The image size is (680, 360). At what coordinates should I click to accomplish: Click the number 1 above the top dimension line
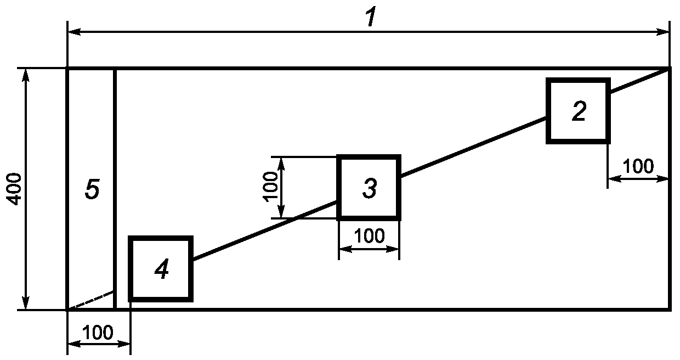pos(371,17)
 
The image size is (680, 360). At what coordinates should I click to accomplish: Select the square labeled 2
pos(577,111)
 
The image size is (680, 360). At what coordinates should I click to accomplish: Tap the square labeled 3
pos(369,188)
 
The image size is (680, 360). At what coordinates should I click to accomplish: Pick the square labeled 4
pos(161,269)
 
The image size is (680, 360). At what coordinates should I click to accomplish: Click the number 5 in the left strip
pos(92,190)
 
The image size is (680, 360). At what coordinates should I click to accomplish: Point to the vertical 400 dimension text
pos(15,189)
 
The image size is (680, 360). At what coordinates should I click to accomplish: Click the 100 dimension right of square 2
pos(639,166)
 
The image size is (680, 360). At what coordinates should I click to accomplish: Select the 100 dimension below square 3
pos(369,236)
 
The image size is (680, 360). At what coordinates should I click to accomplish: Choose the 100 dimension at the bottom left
pos(98,333)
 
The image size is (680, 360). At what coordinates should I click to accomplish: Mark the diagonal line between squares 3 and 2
pos(473,148)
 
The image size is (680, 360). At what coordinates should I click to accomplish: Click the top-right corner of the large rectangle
pos(668,69)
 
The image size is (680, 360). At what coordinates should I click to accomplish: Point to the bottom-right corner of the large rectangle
pos(668,310)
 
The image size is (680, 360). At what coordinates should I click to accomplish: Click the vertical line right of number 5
pos(115,181)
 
